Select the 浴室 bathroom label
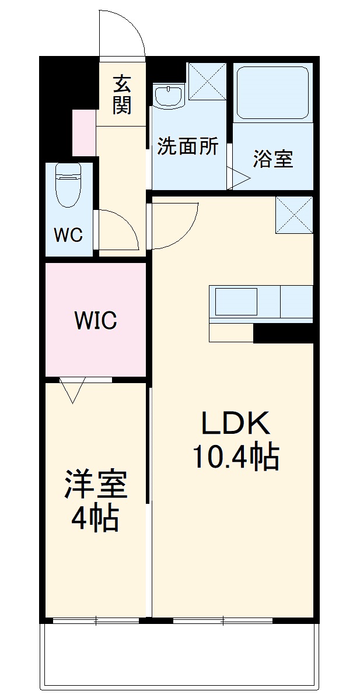tap(272, 159)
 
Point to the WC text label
tap(68, 235)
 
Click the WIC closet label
tap(95, 320)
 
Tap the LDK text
tap(235, 423)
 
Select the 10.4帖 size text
tap(235, 457)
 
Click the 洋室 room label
tap(95, 485)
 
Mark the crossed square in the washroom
tap(207, 81)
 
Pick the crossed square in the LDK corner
tap(294, 214)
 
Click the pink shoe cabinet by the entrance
tap(83, 132)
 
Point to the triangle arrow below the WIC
tap(73, 390)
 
